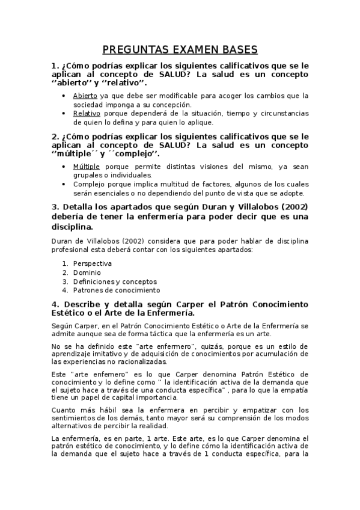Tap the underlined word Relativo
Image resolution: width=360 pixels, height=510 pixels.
click(87, 113)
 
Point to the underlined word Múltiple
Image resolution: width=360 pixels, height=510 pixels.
click(87, 166)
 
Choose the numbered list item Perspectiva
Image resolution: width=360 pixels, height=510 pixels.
click(93, 263)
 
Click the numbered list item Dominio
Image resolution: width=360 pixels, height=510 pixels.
click(87, 272)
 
